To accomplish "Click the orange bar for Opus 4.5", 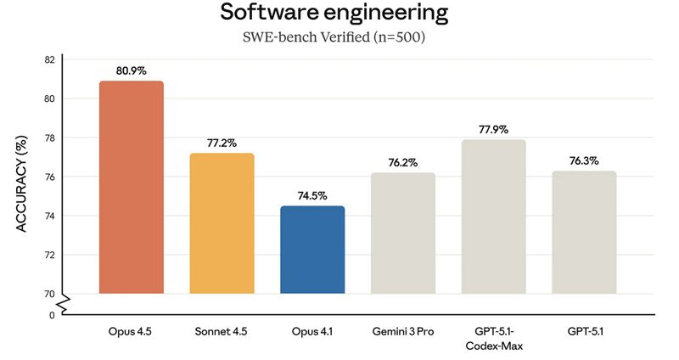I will (x=132, y=187).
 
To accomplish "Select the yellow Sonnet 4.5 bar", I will (x=222, y=222).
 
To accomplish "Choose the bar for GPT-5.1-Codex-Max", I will (x=493, y=217).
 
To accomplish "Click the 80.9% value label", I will (x=132, y=70).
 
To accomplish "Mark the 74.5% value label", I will (x=312, y=195).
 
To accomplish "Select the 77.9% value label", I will (x=493, y=129).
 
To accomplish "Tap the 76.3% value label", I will (x=584, y=160).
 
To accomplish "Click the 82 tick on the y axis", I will (x=49, y=59).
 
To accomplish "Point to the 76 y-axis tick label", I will (x=49, y=177).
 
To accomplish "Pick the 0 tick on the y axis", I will (x=52, y=314).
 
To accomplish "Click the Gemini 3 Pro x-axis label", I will (x=403, y=331).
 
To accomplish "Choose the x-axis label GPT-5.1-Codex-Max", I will (x=493, y=338).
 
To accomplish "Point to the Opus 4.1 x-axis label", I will (x=312, y=331).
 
